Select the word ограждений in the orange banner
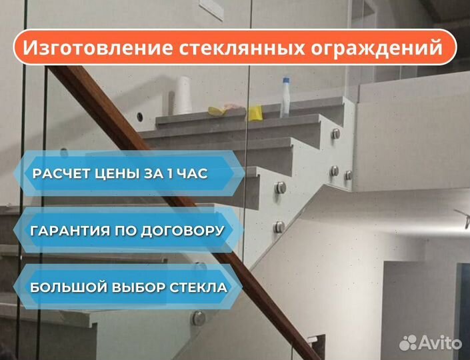(377, 48)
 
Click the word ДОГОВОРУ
(182, 231)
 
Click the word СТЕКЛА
(199, 287)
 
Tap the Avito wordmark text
(440, 342)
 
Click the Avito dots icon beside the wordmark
(408, 343)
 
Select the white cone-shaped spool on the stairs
(183, 95)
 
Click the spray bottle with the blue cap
(285, 97)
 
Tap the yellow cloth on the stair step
(255, 113)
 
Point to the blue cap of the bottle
(286, 80)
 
